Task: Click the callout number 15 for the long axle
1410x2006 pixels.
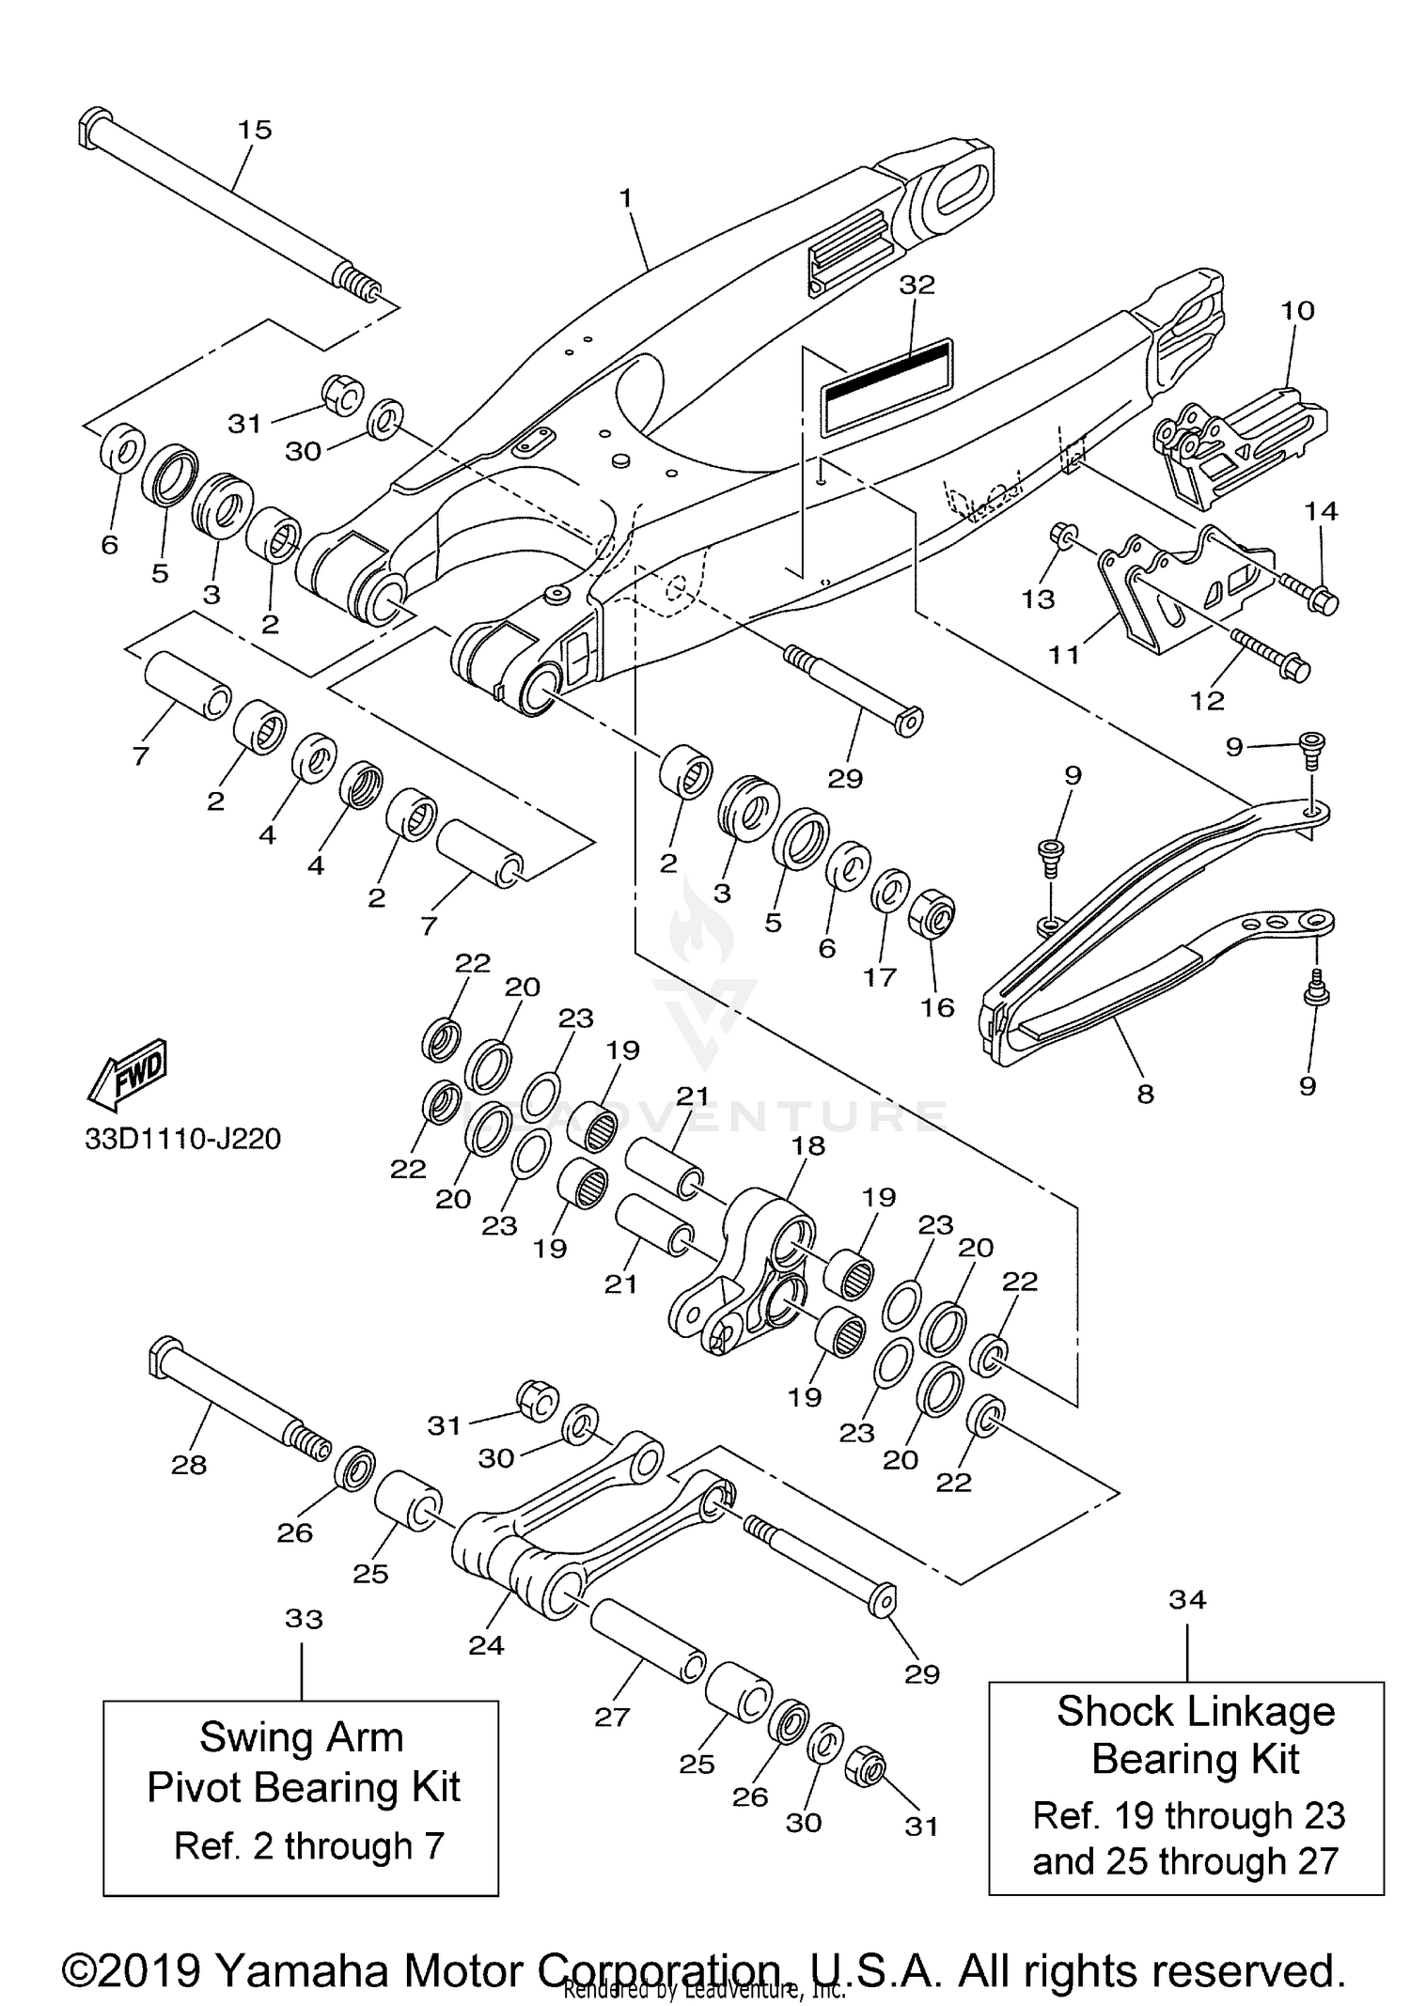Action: (x=254, y=130)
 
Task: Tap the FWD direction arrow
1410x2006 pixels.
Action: (x=127, y=1070)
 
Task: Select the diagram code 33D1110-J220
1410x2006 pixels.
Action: (x=182, y=1139)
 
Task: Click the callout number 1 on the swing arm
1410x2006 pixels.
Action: (x=626, y=198)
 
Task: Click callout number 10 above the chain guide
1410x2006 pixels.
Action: (x=1297, y=310)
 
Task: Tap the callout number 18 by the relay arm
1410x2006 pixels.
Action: (x=808, y=1145)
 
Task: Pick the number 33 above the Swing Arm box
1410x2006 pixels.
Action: (x=303, y=1618)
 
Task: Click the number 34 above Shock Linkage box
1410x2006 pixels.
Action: (x=1187, y=1598)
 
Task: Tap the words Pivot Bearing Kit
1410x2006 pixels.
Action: (x=303, y=1787)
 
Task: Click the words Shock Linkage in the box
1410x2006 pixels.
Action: (x=1195, y=1711)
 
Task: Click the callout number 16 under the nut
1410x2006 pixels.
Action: (x=936, y=1007)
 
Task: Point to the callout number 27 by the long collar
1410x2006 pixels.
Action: (x=611, y=1717)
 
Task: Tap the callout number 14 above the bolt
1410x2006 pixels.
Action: (x=1321, y=510)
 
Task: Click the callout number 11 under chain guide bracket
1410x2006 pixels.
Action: (x=1064, y=654)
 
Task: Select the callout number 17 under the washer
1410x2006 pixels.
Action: (x=880, y=977)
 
